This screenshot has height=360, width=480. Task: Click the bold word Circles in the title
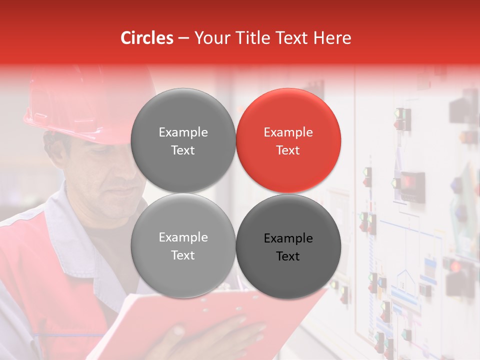coord(147,38)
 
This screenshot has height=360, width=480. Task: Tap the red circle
coord(288,140)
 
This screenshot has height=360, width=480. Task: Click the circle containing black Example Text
coord(288,246)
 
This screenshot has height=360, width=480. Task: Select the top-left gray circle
coord(183,140)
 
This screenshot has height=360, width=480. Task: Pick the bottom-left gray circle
coord(183,246)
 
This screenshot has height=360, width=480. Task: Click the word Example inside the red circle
coord(288,132)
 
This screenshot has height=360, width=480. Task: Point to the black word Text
coord(288,256)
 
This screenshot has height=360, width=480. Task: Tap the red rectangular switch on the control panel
coord(412,180)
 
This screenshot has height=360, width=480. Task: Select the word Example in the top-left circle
coord(183,132)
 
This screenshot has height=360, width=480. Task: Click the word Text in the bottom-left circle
coord(183,255)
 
